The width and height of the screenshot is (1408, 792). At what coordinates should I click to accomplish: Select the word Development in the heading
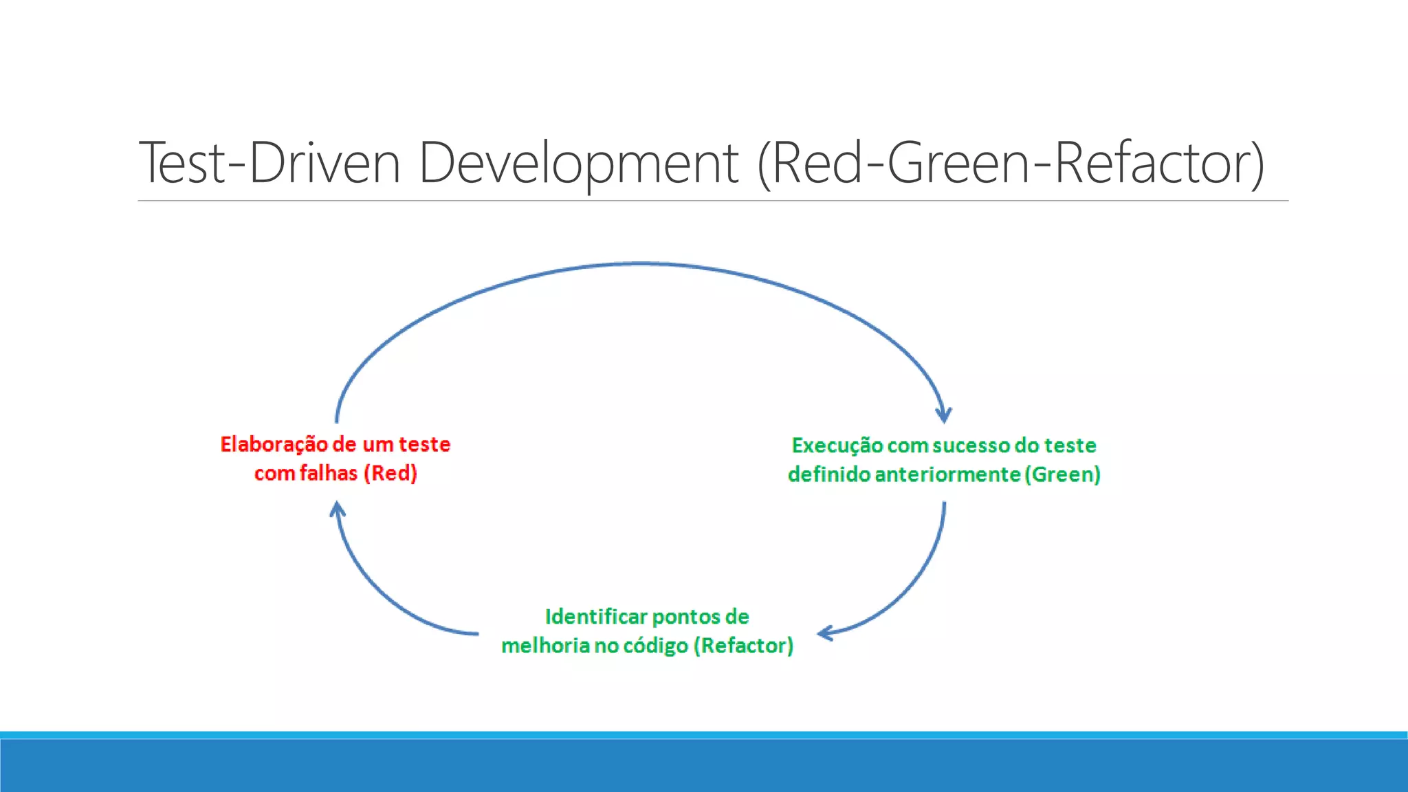578,163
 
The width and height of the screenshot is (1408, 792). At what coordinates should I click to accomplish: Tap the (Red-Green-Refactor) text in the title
1011,163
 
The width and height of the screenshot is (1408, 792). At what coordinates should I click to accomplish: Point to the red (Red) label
390,473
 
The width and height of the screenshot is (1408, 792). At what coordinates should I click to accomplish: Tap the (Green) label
1063,474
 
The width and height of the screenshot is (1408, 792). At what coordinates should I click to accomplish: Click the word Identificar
595,617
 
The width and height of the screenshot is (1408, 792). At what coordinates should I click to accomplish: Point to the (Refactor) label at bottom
743,646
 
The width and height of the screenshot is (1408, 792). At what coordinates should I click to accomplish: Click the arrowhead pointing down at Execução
944,415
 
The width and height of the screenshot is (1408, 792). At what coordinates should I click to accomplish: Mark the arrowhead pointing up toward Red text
337,509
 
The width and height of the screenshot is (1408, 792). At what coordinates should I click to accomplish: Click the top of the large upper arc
639,263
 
